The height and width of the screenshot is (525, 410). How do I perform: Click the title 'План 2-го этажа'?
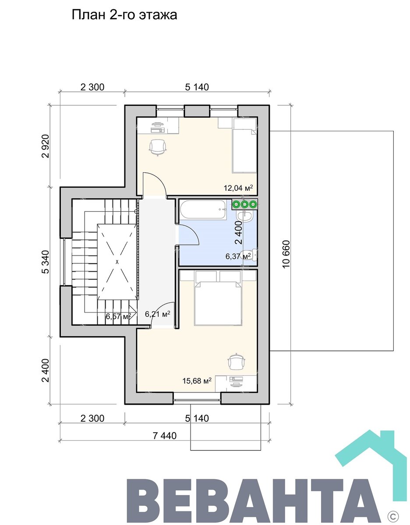coord(124,15)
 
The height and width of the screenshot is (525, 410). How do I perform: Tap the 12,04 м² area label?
coord(238,188)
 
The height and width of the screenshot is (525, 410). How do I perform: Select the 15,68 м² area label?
coord(197,381)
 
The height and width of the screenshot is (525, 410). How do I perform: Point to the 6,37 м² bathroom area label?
coord(238,256)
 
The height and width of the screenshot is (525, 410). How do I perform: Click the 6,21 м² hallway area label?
coord(157,314)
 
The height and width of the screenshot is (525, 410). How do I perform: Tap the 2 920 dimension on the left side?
coord(45,146)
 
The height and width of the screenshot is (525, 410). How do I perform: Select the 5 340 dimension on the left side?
coord(45,262)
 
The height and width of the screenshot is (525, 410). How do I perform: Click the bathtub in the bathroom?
coord(203,209)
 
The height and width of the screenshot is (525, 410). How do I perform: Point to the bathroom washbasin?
coord(244,216)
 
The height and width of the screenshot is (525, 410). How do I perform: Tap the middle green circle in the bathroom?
coord(244,205)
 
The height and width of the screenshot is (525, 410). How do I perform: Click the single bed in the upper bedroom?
coord(244,145)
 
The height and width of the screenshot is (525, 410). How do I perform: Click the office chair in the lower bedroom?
coord(237,362)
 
